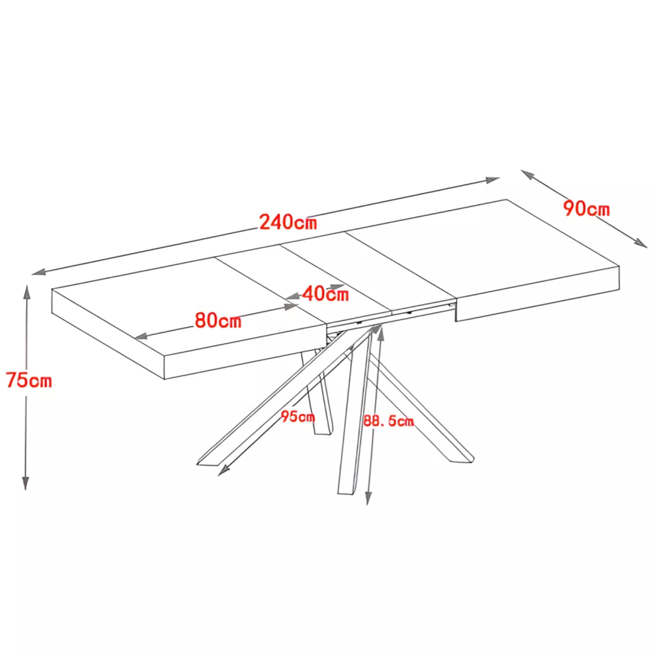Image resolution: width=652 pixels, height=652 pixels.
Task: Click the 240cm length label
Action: click(288, 222)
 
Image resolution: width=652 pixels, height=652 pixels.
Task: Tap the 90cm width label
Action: click(586, 209)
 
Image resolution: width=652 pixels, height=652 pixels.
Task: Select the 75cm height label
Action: click(29, 380)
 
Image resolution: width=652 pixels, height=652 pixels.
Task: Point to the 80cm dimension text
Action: click(218, 320)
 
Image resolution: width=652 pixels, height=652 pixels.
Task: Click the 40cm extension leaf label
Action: click(325, 294)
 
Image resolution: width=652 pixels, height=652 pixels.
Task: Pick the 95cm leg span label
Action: click(298, 416)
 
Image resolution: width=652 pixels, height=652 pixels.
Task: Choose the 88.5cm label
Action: click(389, 421)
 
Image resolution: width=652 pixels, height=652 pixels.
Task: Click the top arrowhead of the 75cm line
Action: click(27, 292)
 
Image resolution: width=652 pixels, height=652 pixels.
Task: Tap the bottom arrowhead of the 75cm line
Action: click(25, 482)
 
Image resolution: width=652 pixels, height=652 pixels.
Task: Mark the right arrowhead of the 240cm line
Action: click(492, 180)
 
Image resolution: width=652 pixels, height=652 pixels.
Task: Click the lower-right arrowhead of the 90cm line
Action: click(640, 243)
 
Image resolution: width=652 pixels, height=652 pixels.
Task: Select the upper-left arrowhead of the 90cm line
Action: click(529, 175)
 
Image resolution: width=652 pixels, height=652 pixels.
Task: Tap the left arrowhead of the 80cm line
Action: click(142, 336)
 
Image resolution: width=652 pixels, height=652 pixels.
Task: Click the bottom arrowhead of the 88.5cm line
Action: click(368, 497)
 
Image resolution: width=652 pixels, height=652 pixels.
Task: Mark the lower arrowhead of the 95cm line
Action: click(224, 470)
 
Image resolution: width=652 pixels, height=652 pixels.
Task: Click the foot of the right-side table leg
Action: click(462, 458)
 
